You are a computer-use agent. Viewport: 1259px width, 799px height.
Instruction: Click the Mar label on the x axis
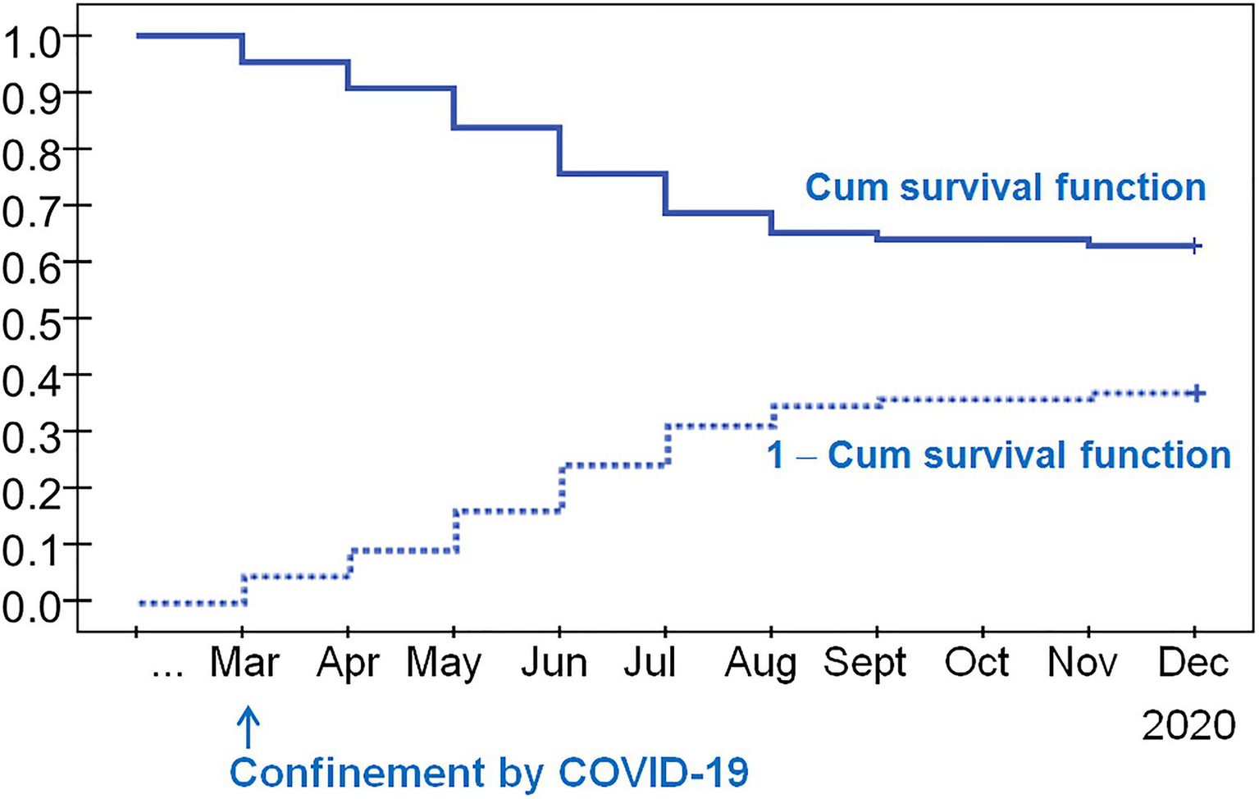coord(244,663)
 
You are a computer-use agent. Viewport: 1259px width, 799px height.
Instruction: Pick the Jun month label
coord(554,663)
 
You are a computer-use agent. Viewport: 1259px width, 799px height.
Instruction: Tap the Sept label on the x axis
coord(864,663)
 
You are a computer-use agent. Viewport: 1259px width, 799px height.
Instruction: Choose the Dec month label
coord(1193,663)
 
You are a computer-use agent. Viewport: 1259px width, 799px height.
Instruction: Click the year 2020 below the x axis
coord(1188,726)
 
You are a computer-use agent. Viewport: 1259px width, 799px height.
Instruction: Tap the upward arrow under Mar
coord(249,728)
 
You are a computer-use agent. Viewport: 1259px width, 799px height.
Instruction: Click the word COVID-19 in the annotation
coord(653,773)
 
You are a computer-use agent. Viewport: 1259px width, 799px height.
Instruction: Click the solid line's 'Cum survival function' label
coord(1005,188)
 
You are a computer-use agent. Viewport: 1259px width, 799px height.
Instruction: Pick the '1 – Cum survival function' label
coord(998,455)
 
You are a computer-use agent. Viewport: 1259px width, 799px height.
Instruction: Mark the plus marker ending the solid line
coord(1195,246)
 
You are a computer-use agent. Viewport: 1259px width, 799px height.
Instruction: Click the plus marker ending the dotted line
coord(1196,394)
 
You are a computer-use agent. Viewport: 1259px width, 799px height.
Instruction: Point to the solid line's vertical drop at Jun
coord(559,150)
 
